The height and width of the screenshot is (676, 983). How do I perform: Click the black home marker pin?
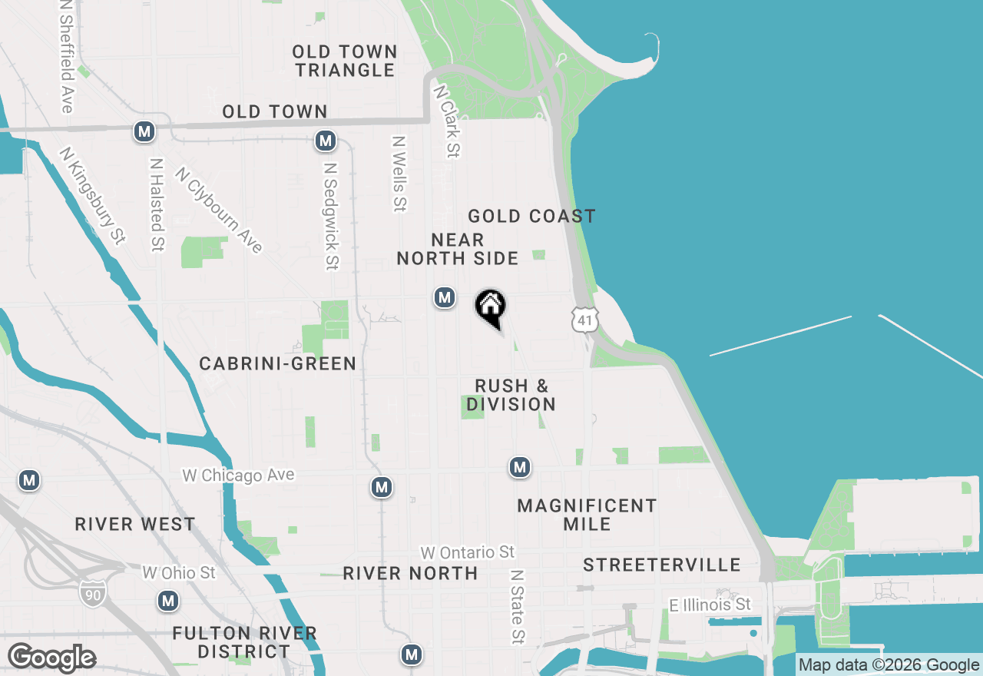[490, 307]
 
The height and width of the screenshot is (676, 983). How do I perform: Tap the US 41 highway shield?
[584, 320]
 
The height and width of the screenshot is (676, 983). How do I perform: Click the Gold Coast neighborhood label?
[531, 217]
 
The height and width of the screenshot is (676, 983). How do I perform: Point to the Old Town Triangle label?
[345, 61]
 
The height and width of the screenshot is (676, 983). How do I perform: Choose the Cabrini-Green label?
[277, 364]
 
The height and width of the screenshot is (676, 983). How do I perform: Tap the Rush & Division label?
[511, 395]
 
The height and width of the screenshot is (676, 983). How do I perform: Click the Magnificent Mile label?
[587, 515]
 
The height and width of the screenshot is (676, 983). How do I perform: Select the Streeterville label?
[662, 565]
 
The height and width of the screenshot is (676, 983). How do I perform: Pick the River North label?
[410, 573]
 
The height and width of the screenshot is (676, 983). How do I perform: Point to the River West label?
[135, 525]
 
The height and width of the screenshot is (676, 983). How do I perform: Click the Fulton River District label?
[244, 643]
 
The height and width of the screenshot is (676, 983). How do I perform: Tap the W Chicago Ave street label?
[238, 476]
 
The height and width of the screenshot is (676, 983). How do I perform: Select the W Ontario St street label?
[467, 552]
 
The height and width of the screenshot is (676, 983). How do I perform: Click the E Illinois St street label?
[710, 605]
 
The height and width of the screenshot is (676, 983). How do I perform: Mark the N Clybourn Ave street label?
[219, 210]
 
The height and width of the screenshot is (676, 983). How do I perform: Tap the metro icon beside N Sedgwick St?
[326, 141]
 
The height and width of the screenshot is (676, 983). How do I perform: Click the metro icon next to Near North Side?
[444, 297]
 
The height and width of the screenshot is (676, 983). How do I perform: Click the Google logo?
[51, 658]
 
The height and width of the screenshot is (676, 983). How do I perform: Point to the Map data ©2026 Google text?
[888, 665]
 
